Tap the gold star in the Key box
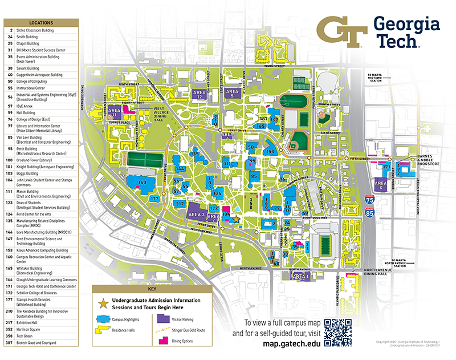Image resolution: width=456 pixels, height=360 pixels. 103,300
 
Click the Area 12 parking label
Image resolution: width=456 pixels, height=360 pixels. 199,95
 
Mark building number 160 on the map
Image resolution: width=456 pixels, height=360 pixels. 142,182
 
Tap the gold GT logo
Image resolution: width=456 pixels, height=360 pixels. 341,32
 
